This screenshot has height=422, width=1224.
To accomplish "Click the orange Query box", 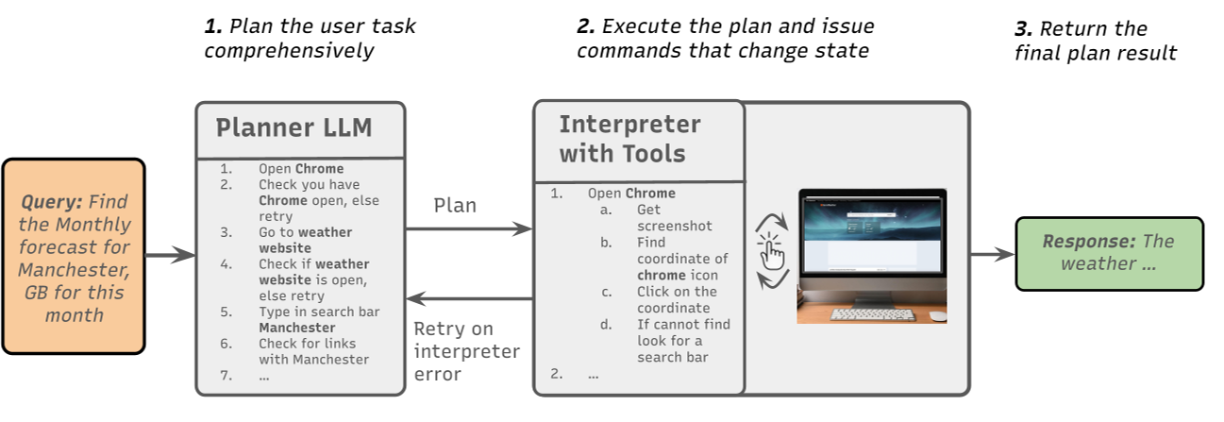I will (74, 256).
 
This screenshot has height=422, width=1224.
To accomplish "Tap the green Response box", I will (1109, 253).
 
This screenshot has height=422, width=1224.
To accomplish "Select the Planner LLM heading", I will (293, 127).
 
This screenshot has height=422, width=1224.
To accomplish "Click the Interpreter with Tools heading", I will (629, 139).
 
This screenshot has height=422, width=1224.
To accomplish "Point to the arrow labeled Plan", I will (468, 228).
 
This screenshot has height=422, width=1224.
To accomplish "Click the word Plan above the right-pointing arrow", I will (455, 205).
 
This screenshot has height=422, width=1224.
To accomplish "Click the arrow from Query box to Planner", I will (170, 255).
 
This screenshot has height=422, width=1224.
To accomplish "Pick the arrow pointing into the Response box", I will (991, 254).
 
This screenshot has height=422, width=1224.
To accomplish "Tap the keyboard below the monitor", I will (872, 314).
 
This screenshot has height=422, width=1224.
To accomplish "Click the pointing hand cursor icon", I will (771, 253).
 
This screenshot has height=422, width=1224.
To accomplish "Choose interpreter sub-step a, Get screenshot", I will (674, 217).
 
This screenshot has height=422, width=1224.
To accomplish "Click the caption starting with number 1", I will (310, 38).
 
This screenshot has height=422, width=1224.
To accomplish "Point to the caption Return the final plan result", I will (1095, 41).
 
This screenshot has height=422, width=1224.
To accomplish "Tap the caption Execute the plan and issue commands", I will (725, 38).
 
